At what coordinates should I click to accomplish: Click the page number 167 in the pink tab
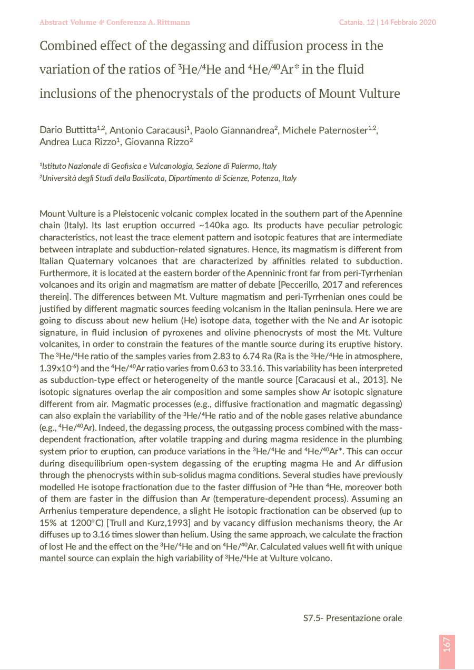[447, 644]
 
